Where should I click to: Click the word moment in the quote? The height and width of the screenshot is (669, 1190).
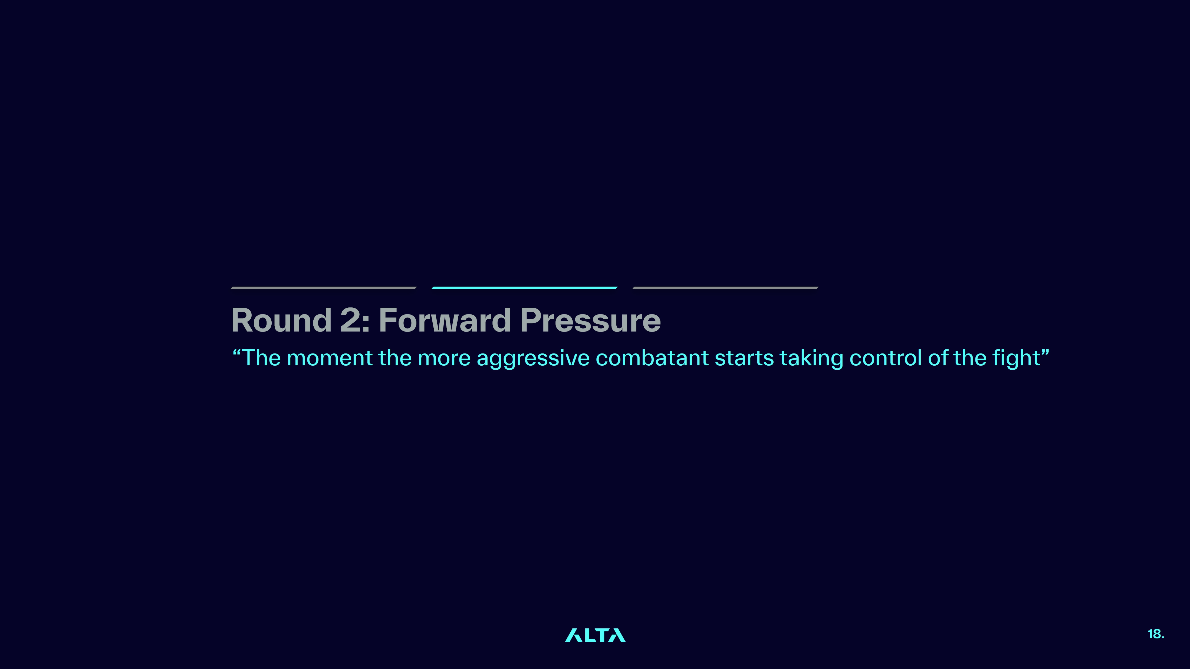[x=329, y=358]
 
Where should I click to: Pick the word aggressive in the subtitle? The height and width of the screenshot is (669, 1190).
[x=533, y=359]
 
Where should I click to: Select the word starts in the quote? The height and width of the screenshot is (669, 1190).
[x=744, y=358]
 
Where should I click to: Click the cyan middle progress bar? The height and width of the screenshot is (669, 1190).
[x=524, y=288]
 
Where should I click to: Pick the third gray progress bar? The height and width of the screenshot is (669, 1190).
[x=725, y=288]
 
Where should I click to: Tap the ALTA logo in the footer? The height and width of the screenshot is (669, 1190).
[x=595, y=635]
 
